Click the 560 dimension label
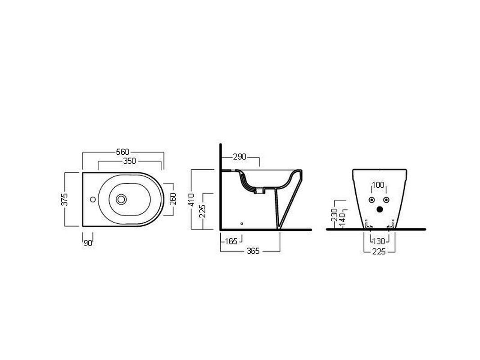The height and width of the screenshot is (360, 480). (123, 152)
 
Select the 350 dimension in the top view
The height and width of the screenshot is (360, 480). (130, 161)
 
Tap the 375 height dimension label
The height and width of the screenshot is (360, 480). (64, 199)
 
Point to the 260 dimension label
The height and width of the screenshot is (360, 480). (173, 199)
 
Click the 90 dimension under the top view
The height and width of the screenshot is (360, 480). (88, 243)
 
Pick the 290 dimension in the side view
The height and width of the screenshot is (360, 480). (240, 157)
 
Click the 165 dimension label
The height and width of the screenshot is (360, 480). (231, 242)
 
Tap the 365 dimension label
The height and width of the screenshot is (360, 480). (253, 251)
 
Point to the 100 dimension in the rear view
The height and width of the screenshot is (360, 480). (378, 185)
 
